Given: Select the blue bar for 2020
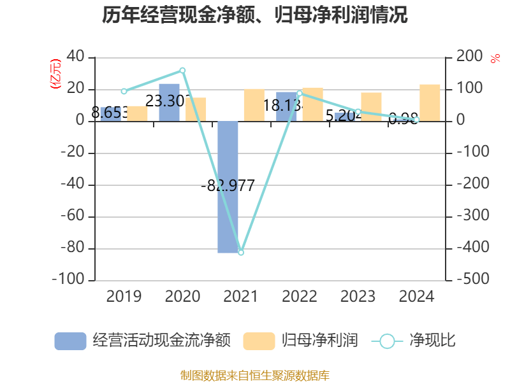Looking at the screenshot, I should pos(169,102).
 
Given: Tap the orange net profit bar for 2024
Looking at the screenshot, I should pos(430,103).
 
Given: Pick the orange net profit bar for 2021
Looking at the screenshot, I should pos(254,105).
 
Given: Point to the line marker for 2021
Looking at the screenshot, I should pos(241,253).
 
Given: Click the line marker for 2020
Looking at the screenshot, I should pos(182,71).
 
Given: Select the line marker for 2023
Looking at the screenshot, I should pos(358,112).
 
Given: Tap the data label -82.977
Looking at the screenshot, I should pos(228,187).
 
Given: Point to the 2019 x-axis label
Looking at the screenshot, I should pos(124,296).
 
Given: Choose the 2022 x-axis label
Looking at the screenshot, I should pos(300,296).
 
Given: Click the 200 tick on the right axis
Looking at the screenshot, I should pos(469,57).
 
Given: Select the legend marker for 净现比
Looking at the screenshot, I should pos(387,341).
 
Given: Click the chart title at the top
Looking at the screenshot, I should pos(255,15).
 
